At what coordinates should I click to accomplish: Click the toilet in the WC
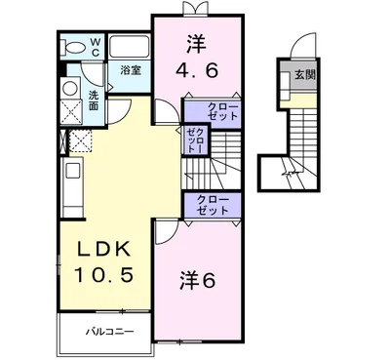coord(74,48)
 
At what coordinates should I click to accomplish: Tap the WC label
coord(96,47)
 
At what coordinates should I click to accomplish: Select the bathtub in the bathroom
coord(129,47)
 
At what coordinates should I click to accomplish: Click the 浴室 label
coord(131,70)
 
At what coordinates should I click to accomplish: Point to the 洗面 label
coord(94,100)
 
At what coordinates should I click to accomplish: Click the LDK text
coord(104,250)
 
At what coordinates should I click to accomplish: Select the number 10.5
coord(104,275)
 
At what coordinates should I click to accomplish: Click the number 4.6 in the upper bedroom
coord(197,70)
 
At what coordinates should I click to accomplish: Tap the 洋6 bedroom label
coord(197,280)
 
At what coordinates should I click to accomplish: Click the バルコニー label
coord(110,332)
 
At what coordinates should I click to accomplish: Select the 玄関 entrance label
coord(305,75)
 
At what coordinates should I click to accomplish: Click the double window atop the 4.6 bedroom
coord(195,9)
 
